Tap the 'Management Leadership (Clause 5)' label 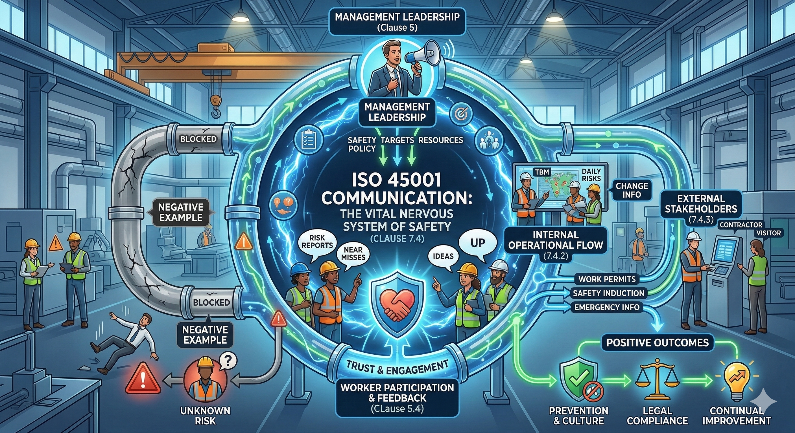tap(397, 22)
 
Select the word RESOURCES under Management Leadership tap(441, 140)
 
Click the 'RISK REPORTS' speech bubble tap(317, 241)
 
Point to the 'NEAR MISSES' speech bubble tap(353, 253)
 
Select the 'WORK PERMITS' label tap(607, 279)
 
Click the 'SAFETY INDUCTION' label tap(609, 293)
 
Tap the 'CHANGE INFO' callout tap(632, 190)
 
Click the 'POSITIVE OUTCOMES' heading tap(657, 343)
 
